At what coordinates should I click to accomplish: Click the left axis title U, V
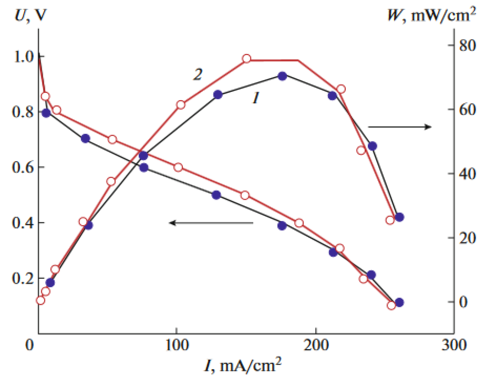point(30,15)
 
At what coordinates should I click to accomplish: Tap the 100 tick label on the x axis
point(177,345)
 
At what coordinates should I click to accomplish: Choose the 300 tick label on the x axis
point(454,345)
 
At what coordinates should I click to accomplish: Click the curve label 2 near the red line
point(198,74)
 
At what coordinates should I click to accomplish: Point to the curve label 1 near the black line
point(256,97)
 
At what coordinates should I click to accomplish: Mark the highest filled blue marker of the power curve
point(282,76)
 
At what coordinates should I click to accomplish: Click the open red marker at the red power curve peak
point(246,59)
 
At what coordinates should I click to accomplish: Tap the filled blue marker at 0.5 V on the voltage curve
point(216,195)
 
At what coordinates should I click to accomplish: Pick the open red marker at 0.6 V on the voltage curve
point(178,167)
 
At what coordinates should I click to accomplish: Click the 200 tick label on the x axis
point(316,345)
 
